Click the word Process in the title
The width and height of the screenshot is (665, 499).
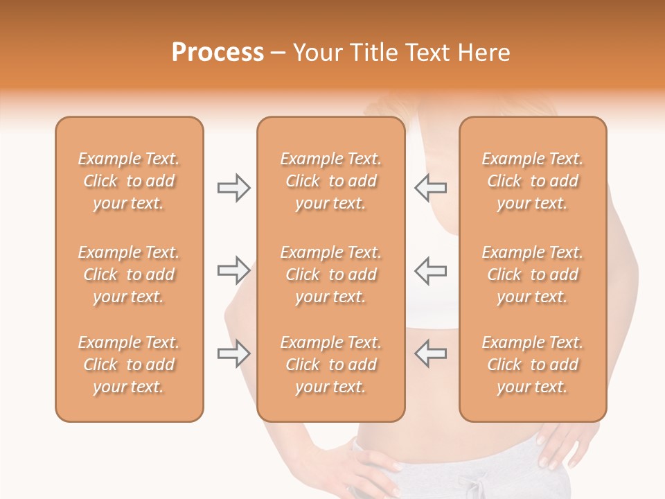218,53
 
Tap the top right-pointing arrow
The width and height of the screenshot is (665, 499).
233,188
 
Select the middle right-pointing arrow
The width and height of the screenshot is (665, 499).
233,270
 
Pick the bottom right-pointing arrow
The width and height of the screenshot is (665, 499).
233,353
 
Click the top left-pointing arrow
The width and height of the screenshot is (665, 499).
430,188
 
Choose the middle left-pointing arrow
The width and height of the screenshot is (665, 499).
430,270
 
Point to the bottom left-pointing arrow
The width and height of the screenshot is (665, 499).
430,353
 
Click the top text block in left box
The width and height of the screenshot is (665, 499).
129,181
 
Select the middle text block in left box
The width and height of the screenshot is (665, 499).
129,274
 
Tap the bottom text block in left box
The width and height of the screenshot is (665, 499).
129,365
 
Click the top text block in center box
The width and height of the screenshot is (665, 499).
330,181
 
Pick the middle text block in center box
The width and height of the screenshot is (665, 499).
330,274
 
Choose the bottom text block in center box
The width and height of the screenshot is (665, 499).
330,365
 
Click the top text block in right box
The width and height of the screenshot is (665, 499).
532,181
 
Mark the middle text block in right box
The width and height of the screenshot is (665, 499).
532,274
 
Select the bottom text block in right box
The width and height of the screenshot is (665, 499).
532,365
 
